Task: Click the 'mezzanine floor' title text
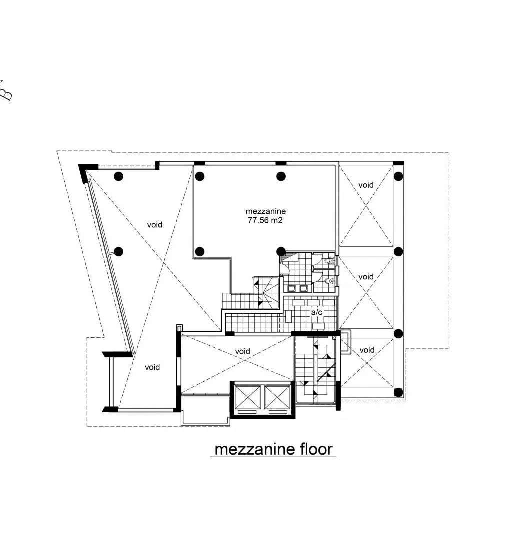[x=274, y=449]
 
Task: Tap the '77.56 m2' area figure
[x=265, y=221]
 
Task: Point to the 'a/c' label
[x=317, y=312]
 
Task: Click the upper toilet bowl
[x=329, y=260]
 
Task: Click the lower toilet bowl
[x=329, y=281]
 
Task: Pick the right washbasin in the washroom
[x=303, y=288]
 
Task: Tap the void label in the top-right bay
[x=366, y=185]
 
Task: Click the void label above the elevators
[x=243, y=351]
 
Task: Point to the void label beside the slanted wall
[x=155, y=225]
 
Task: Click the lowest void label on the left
[x=152, y=367]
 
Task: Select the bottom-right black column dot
[x=398, y=392]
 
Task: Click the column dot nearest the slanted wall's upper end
[x=119, y=176]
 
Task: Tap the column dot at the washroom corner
[x=281, y=251]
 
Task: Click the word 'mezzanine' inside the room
[x=266, y=211]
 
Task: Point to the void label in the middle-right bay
[x=366, y=277]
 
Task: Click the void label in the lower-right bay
[x=367, y=350]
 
